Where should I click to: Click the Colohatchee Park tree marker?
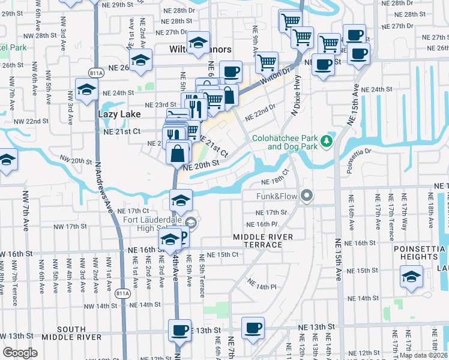[327, 141]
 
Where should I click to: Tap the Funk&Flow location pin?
[308, 196]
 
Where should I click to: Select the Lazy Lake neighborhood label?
[119, 113]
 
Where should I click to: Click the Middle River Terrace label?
[263, 241]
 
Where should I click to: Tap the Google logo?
[20, 353]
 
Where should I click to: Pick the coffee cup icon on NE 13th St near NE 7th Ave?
[253, 328]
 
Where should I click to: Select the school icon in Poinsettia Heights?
[411, 277]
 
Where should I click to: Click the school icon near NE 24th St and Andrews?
[86, 89]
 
